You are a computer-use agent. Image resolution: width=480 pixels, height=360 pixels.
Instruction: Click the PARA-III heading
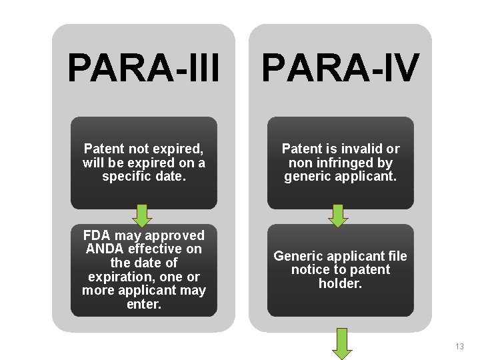coord(143,67)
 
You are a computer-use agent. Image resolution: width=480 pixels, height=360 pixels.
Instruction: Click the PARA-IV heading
coord(340,67)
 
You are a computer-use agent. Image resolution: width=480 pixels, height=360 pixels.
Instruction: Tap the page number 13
coord(459,347)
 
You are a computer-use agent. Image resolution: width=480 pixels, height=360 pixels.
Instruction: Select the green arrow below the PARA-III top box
coord(142,215)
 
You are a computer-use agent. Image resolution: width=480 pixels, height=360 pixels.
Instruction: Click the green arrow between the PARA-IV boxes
coord(339,215)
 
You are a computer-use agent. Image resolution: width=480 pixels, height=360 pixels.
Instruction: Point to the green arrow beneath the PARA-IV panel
coord(342,342)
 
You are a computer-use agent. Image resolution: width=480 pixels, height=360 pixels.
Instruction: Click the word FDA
coord(97,235)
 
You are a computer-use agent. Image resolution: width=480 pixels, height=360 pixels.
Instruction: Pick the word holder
coord(341,283)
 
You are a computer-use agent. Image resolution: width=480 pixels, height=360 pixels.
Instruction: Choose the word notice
coord(312,270)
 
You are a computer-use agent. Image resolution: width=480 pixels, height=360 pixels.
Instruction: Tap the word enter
coord(144,305)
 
